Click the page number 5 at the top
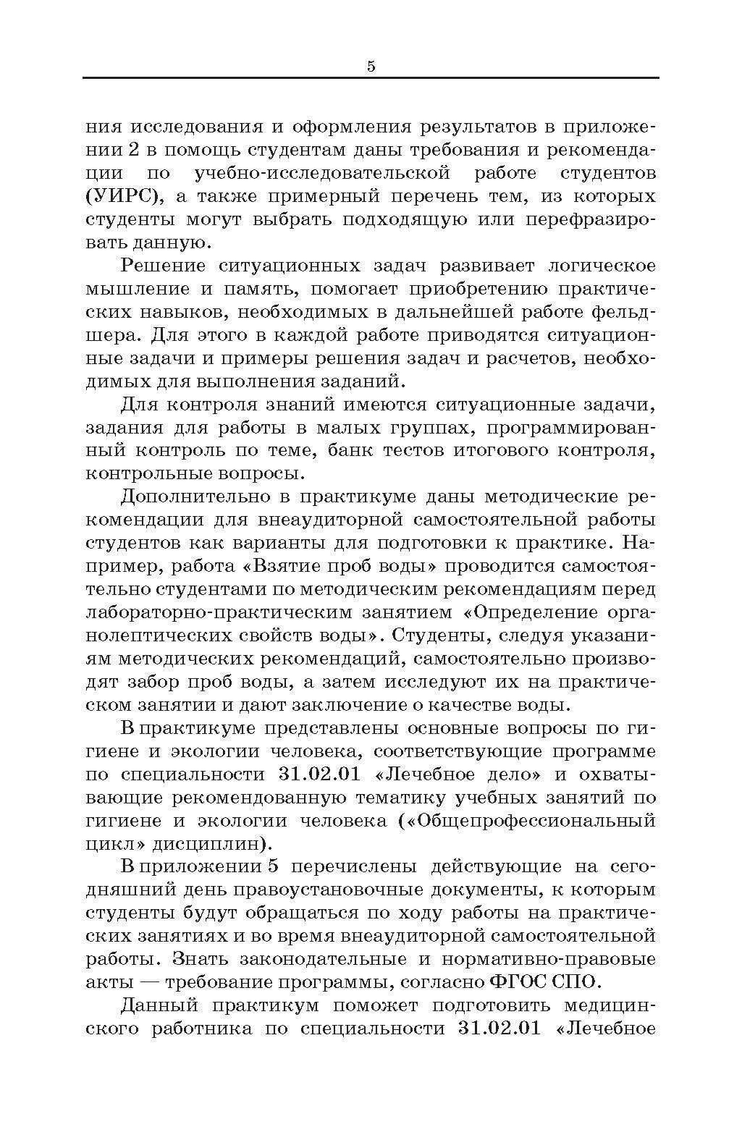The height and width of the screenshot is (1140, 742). click(x=371, y=67)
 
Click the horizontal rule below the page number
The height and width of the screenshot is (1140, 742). click(x=371, y=77)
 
